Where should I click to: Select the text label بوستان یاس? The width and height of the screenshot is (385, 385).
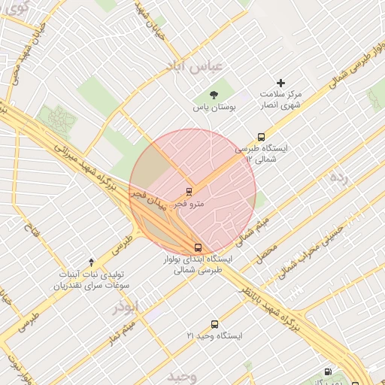coord(214,108)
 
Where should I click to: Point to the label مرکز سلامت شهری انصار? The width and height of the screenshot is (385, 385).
coord(280,100)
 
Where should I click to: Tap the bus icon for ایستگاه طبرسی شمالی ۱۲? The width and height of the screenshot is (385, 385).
coord(261,138)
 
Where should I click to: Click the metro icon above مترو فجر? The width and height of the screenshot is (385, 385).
coord(189,191)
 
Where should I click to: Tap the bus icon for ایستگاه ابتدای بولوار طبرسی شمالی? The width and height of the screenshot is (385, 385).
coord(198,247)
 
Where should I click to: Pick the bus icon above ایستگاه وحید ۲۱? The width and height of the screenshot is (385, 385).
coord(215,324)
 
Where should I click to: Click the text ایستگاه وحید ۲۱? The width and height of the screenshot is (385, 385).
coord(215,336)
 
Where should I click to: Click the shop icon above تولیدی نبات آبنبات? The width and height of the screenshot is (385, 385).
coord(92,262)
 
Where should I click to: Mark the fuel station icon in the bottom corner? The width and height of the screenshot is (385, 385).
coord(327,371)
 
